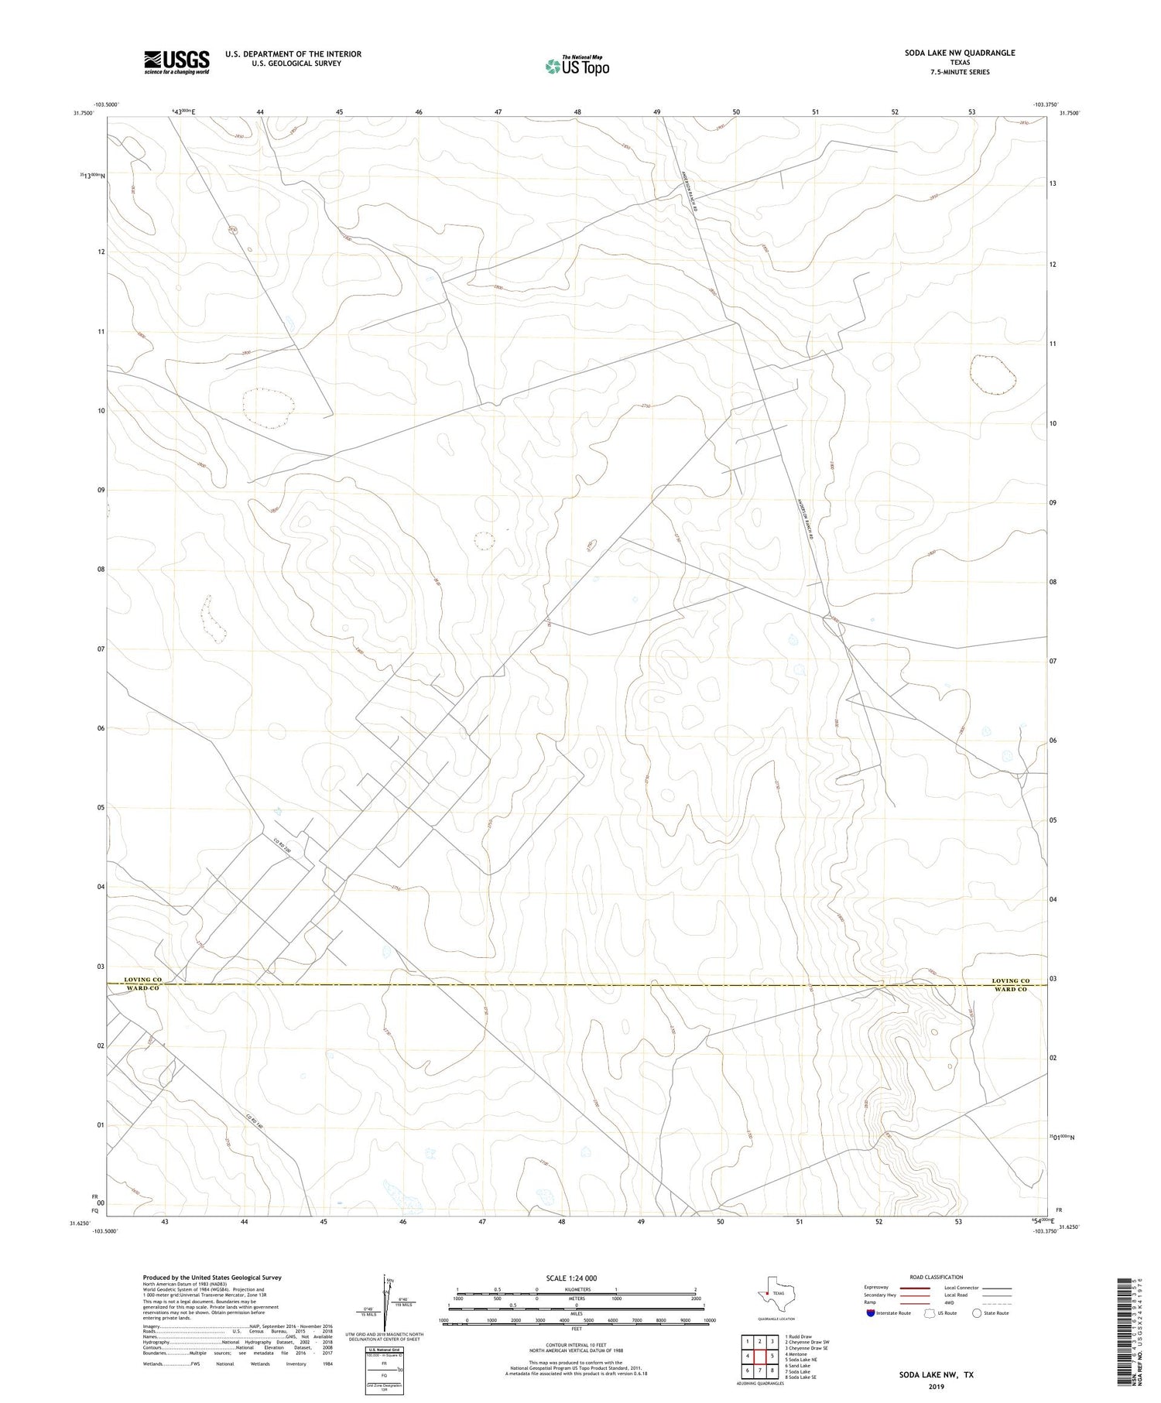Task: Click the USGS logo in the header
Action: click(176, 62)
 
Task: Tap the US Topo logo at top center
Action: click(577, 66)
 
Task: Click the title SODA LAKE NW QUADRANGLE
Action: click(960, 53)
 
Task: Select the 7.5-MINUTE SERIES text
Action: click(960, 72)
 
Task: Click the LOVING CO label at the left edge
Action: click(142, 980)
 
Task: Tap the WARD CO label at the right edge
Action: click(1010, 990)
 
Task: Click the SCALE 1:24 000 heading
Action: click(571, 1278)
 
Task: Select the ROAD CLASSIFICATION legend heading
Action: click(937, 1277)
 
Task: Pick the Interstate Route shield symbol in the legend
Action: click(871, 1313)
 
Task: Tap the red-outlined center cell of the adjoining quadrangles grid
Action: click(760, 1356)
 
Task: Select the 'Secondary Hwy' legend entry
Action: click(880, 1295)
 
